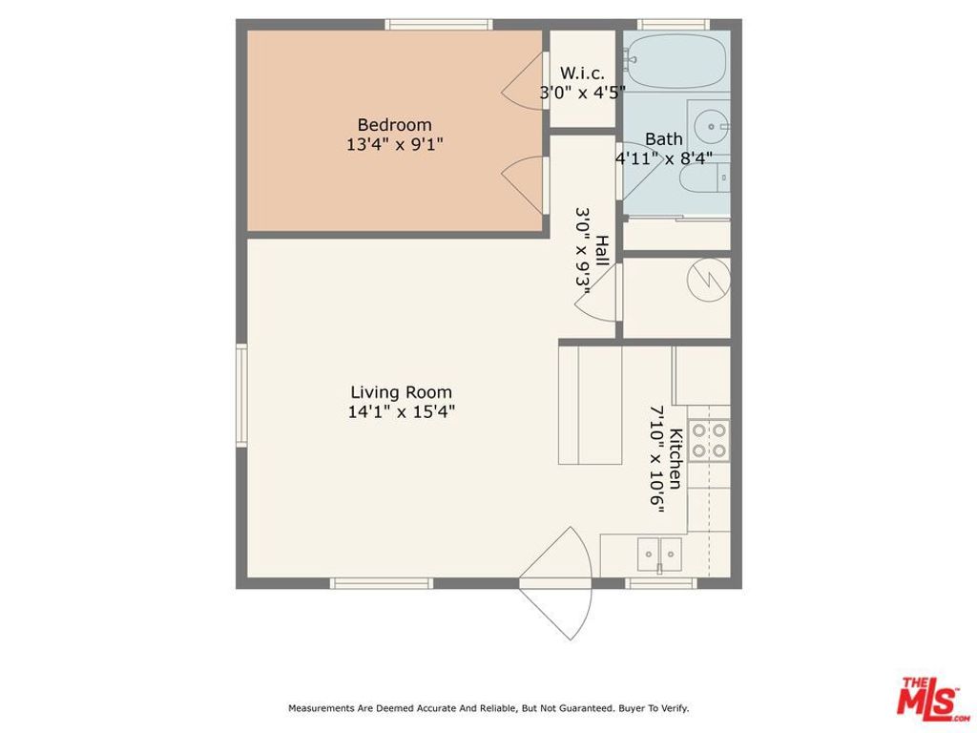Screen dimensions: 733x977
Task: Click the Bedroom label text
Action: pyautogui.click(x=394, y=125)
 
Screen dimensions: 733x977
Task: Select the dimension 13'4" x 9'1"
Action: pyautogui.click(x=394, y=145)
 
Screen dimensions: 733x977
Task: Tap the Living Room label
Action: pyautogui.click(x=401, y=392)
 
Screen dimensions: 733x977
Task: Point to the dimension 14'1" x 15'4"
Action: pyautogui.click(x=401, y=412)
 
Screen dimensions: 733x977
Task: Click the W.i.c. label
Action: pyautogui.click(x=582, y=73)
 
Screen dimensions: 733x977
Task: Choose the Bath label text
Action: pyautogui.click(x=663, y=139)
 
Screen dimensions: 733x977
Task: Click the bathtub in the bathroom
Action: pyautogui.click(x=677, y=60)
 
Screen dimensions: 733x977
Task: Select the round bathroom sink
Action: pyautogui.click(x=710, y=123)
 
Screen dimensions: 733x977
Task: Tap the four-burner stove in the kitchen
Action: pyautogui.click(x=709, y=440)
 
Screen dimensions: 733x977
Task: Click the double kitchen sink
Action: pyautogui.click(x=659, y=553)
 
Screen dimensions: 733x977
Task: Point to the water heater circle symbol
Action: pyautogui.click(x=711, y=278)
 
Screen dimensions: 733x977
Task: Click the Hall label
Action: pyautogui.click(x=602, y=251)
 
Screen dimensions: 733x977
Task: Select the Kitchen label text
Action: pyautogui.click(x=675, y=459)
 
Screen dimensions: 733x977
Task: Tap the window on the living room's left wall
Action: pyautogui.click(x=241, y=394)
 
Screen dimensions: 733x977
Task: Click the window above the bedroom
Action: pyautogui.click(x=438, y=25)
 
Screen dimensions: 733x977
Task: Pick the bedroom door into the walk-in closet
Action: pyautogui.click(x=525, y=83)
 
